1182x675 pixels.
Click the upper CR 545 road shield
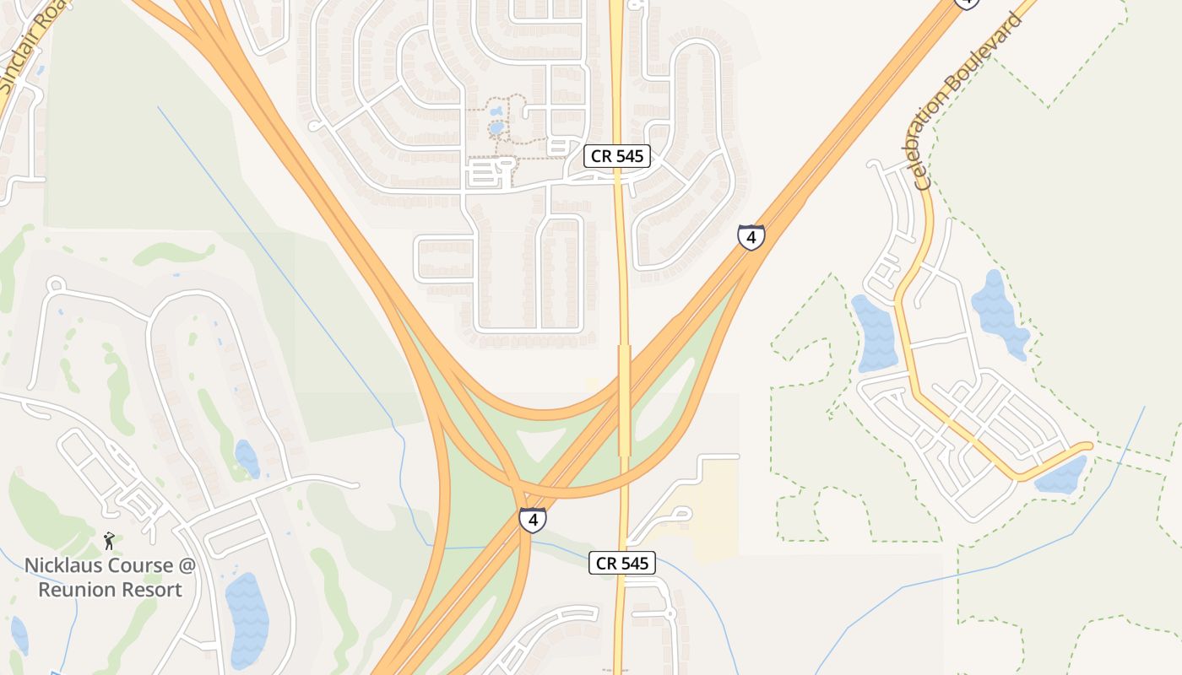(x=617, y=156)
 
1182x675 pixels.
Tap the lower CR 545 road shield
(x=622, y=563)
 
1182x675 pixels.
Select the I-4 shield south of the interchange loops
(x=532, y=520)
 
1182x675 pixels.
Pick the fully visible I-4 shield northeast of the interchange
(x=751, y=237)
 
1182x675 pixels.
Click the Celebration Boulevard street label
(x=968, y=100)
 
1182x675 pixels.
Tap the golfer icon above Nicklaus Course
(x=109, y=541)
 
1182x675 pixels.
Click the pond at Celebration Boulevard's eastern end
(x=1061, y=475)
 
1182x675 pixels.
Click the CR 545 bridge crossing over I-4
(x=624, y=400)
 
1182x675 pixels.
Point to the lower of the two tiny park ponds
(x=497, y=128)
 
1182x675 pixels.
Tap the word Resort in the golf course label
(x=151, y=589)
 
